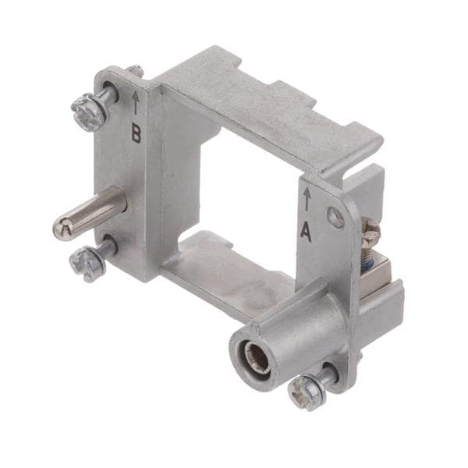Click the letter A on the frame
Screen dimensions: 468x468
click(307, 232)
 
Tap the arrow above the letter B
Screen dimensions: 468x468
click(136, 102)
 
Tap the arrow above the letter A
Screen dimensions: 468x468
click(307, 200)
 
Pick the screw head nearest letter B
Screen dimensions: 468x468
click(88, 111)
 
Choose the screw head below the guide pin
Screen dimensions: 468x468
click(87, 263)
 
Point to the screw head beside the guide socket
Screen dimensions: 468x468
click(307, 392)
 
